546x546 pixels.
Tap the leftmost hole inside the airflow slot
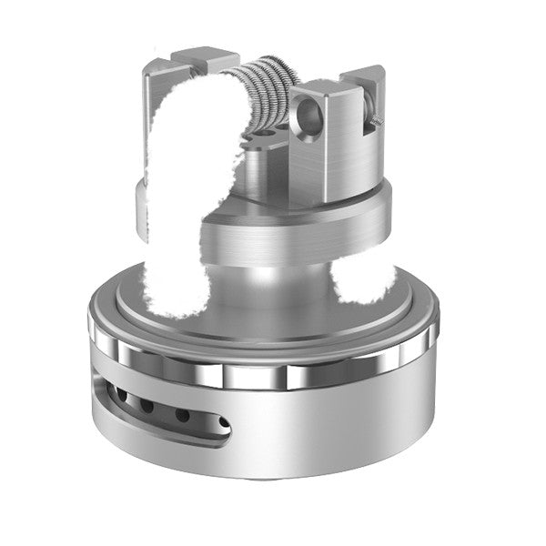coord(116,393)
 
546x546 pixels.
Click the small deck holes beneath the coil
coord(266,136)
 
